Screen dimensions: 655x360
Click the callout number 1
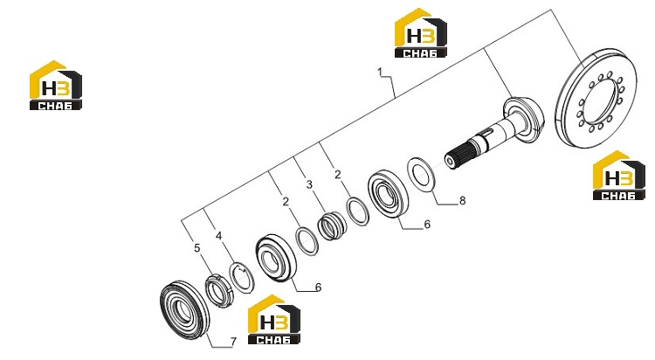coord(380,73)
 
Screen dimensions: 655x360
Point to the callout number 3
coord(309,184)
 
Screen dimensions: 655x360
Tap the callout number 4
coord(218,236)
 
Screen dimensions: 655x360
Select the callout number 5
coord(197,248)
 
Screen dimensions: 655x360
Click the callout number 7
coord(233,342)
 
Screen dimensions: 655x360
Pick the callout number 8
coord(462,201)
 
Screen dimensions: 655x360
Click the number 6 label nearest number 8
coord(427,225)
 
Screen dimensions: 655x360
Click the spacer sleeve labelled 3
coord(331,225)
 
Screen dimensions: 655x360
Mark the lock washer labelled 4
coord(242,278)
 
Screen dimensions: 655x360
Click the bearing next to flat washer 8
coord(389,193)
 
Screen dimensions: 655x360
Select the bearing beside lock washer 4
coord(276,258)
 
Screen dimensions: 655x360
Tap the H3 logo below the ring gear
coord(618,175)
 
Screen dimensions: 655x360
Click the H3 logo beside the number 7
coord(273,320)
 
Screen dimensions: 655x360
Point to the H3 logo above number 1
coord(421,32)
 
